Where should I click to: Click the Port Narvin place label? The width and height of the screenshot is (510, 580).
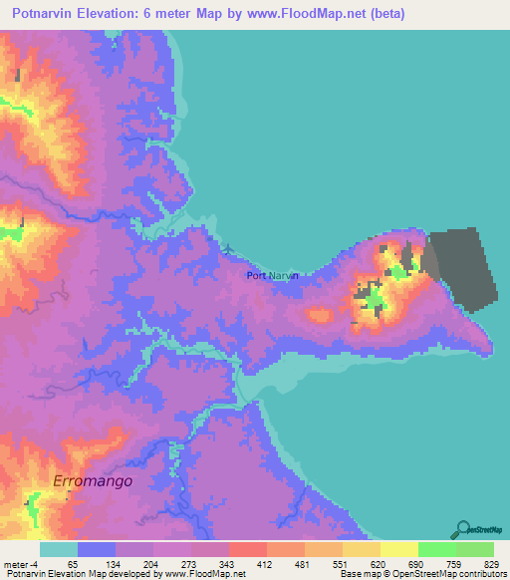coord(272,276)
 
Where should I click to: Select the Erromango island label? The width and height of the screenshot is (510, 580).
coord(93,480)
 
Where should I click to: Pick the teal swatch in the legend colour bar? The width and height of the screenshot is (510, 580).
coord(59,550)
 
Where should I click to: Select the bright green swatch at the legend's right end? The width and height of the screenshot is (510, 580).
coord(475,550)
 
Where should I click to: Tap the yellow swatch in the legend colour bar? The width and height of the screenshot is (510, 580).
coord(399,550)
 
